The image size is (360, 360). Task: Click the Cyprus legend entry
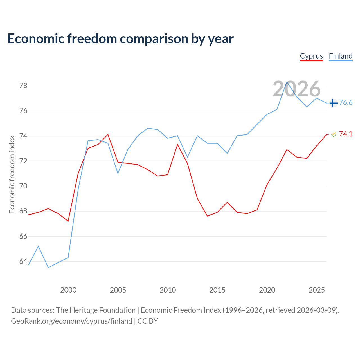click(x=311, y=56)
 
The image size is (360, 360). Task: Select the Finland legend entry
click(x=341, y=56)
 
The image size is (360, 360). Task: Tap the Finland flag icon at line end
click(x=334, y=103)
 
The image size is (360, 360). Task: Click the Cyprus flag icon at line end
click(x=334, y=134)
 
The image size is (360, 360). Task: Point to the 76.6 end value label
click(x=346, y=102)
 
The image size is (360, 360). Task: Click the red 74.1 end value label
click(x=346, y=134)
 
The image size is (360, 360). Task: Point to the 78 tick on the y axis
click(x=23, y=85)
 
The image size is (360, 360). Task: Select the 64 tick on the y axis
click(x=23, y=261)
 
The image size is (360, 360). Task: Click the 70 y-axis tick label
click(x=23, y=186)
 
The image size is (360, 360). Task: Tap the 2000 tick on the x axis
click(x=68, y=290)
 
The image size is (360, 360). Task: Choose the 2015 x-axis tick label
click(x=217, y=290)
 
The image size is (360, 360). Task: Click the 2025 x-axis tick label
click(x=317, y=290)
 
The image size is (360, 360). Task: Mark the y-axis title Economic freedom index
click(x=12, y=174)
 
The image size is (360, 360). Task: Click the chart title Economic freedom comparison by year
click(x=121, y=39)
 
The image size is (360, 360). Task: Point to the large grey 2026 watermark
click(x=297, y=89)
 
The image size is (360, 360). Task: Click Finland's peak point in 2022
click(x=287, y=82)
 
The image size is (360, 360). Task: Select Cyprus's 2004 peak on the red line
click(x=108, y=134)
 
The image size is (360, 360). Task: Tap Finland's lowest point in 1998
click(x=48, y=267)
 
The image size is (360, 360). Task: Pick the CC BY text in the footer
click(x=148, y=321)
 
